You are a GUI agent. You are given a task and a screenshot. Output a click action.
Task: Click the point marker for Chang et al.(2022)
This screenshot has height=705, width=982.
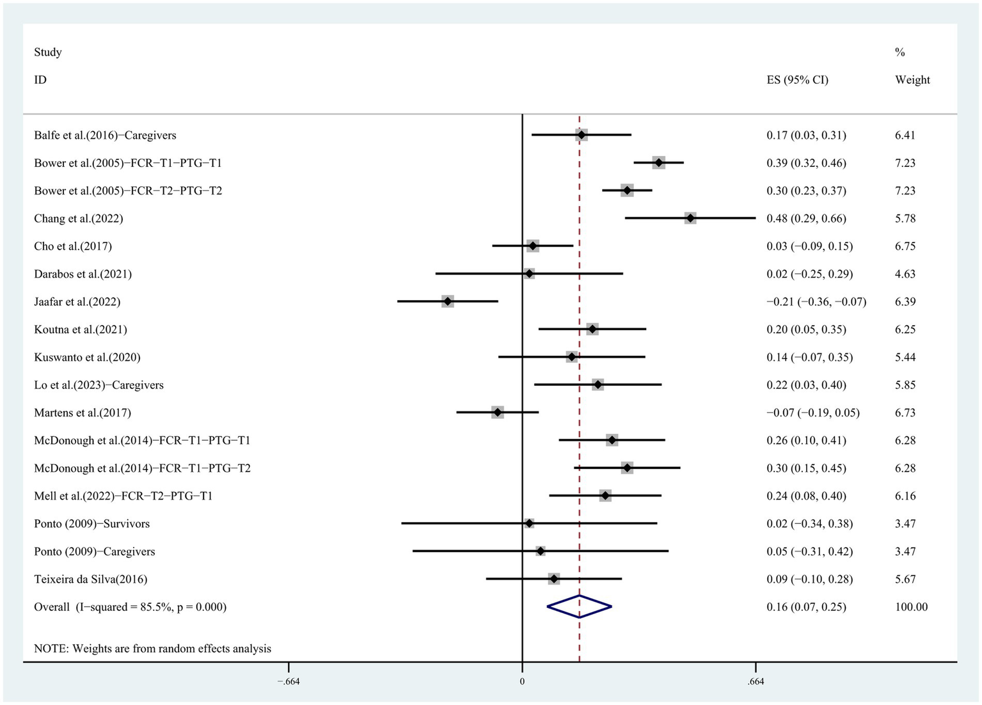(690, 218)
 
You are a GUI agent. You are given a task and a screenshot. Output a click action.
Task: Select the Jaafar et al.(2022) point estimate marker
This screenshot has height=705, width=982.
(447, 301)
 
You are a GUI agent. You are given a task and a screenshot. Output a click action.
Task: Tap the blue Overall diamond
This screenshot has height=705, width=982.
(579, 606)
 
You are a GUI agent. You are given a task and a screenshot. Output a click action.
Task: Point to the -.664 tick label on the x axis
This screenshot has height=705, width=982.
(288, 681)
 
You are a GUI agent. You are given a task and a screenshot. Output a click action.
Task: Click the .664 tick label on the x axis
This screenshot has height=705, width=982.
(756, 681)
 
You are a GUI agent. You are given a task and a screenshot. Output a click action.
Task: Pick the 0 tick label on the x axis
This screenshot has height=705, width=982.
(522, 681)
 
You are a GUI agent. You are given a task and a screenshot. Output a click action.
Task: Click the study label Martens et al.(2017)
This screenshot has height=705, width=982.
(83, 413)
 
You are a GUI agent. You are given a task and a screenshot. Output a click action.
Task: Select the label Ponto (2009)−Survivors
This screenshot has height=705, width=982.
(91, 523)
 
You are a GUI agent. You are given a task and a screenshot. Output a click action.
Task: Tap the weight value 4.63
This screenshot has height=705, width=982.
(905, 274)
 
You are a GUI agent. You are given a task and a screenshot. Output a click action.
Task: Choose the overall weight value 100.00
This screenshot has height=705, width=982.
(911, 606)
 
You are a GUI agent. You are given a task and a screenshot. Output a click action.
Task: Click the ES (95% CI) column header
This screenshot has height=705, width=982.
(797, 80)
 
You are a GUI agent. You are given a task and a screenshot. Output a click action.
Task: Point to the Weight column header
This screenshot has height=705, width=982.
(912, 80)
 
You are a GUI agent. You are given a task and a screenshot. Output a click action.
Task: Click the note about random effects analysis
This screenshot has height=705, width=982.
(152, 648)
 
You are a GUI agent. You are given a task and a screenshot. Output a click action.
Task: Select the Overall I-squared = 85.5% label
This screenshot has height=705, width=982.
(130, 606)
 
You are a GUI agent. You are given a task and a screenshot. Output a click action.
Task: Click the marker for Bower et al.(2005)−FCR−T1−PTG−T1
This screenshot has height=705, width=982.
(658, 162)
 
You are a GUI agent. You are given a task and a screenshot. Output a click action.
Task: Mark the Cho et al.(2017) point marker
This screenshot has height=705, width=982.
(532, 246)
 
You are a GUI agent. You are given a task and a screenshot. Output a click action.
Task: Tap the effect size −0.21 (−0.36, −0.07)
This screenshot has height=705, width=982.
(816, 301)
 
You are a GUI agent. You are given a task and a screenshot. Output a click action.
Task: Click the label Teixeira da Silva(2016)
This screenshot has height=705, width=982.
(90, 579)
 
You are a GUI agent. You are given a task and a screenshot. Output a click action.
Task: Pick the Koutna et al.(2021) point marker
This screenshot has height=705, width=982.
(592, 329)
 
